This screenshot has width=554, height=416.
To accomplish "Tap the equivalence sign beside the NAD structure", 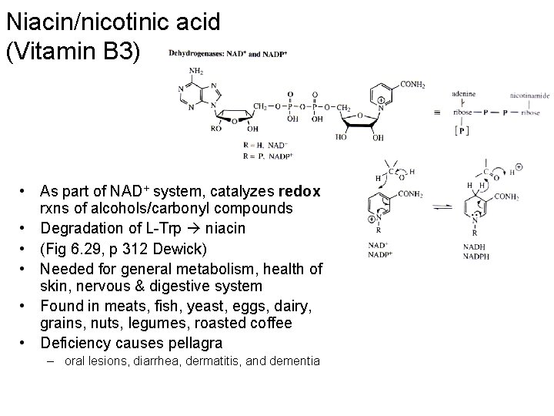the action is pos(437,113).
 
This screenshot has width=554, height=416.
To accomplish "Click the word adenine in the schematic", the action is pos(463,94).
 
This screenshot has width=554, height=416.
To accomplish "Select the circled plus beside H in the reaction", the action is pos(519,167).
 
